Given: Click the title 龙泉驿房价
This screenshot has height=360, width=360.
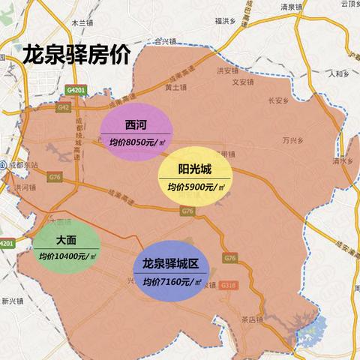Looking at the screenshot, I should tap(76, 55).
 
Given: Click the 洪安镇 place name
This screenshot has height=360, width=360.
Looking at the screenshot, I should tap(226, 71).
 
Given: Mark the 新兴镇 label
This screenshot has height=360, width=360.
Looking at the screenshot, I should tap(13, 302).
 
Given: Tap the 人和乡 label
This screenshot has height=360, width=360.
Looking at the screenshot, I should tap(339, 73).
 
